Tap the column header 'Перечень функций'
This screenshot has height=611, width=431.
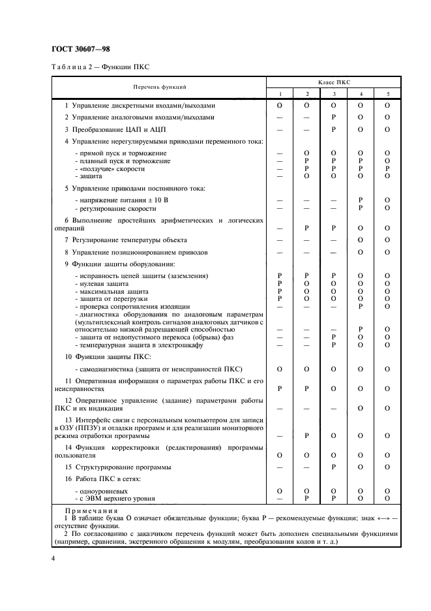pyautogui.click(x=160, y=86)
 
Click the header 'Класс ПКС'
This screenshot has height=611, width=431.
pyautogui.click(x=333, y=82)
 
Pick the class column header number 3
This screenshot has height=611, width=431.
pyautogui.click(x=333, y=93)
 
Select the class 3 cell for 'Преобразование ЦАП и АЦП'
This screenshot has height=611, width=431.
pyautogui.click(x=333, y=129)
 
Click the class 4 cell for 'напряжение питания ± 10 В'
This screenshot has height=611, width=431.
pyautogui.click(x=360, y=200)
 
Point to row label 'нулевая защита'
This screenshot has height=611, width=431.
pyautogui.click(x=101, y=283)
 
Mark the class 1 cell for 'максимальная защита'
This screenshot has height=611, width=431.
pyautogui.click(x=280, y=290)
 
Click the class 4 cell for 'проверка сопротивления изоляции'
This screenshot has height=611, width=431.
pyautogui.click(x=360, y=305)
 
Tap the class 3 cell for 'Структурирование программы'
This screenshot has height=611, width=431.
pyautogui.click(x=333, y=467)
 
